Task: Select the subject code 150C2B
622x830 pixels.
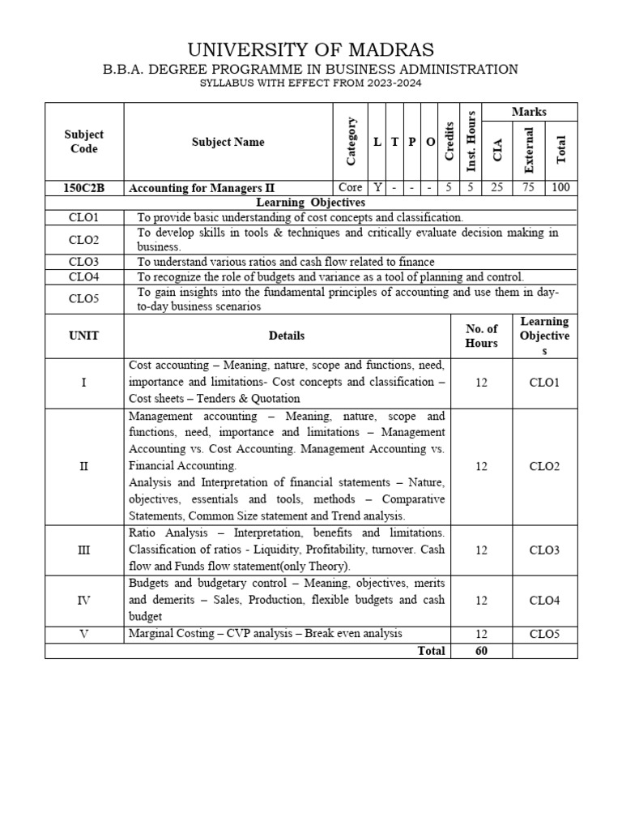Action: [83, 187]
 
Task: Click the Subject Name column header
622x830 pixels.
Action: [228, 142]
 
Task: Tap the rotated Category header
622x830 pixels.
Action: [351, 141]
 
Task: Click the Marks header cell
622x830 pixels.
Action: [529, 112]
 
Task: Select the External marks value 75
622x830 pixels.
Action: [529, 187]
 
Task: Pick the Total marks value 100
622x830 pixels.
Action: [561, 187]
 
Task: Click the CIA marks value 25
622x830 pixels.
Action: [497, 187]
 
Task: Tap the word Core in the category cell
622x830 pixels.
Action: [350, 187]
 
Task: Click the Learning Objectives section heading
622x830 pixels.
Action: [311, 202]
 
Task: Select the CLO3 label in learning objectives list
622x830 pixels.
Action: [83, 262]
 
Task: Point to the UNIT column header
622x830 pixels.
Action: [83, 335]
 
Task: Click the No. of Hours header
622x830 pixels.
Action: [481, 336]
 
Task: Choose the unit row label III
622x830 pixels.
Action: [83, 550]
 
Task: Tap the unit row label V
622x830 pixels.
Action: [83, 634]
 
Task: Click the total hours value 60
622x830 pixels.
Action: [481, 651]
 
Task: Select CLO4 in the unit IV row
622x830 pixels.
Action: [544, 601]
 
